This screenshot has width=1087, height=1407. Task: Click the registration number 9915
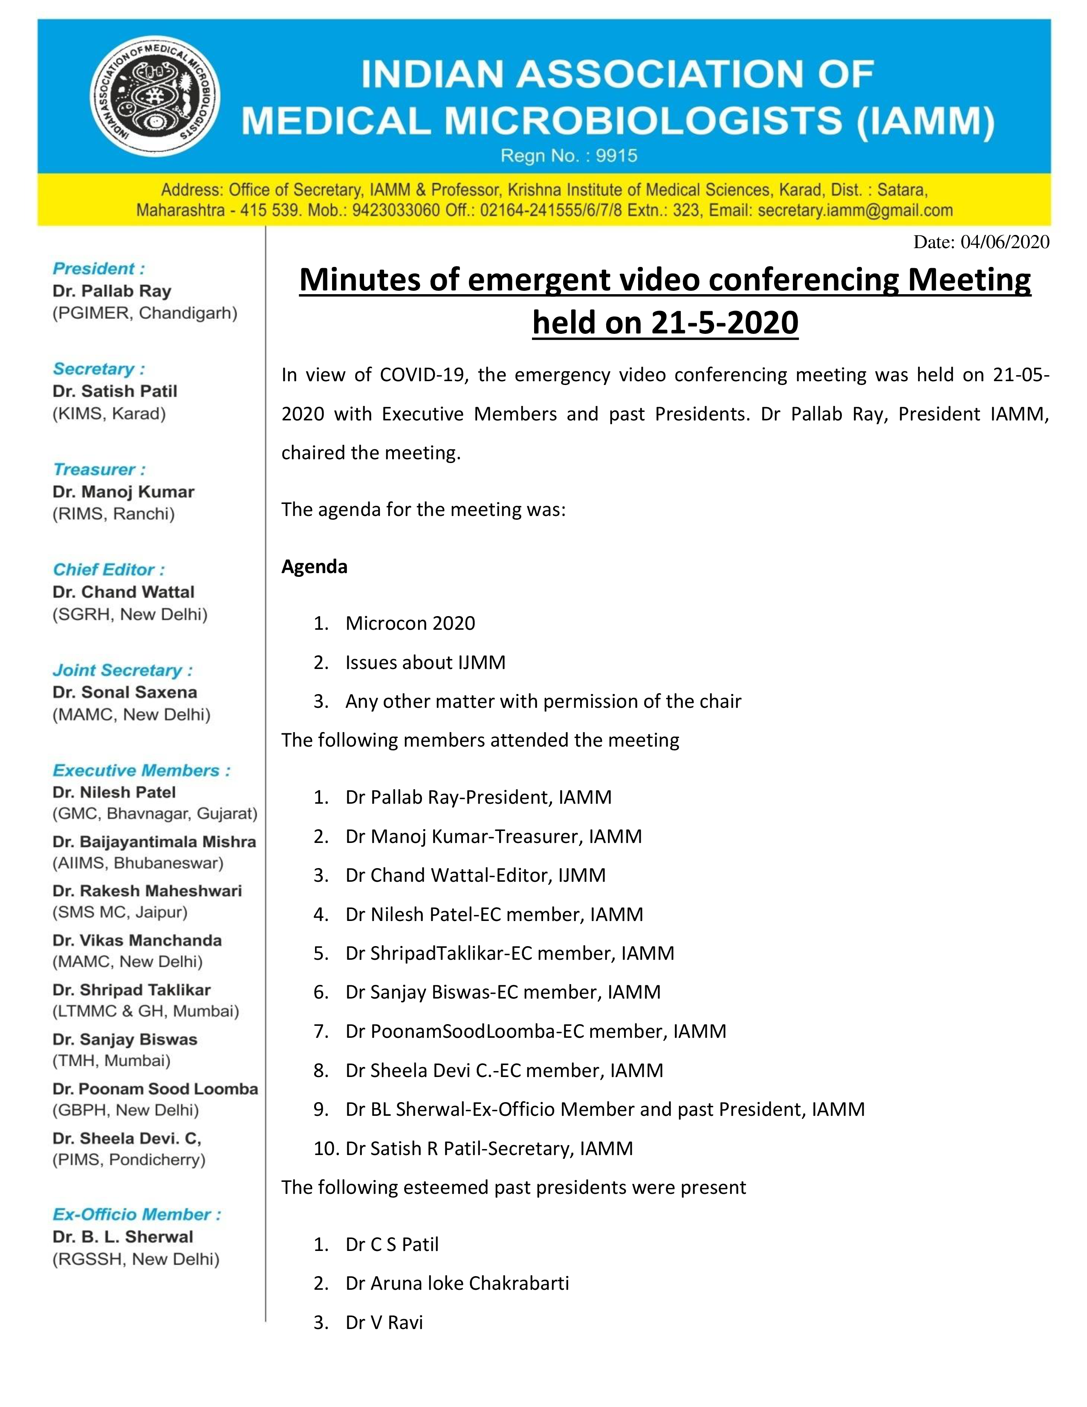(616, 156)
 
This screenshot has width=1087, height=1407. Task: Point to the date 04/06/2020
(1005, 242)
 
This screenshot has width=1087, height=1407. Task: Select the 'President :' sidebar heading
(98, 269)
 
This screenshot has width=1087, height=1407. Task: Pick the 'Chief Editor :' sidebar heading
(108, 570)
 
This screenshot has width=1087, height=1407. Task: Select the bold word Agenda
(314, 567)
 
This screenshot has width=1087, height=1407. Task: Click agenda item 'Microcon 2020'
(410, 624)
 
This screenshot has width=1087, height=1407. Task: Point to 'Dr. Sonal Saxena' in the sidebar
(125, 692)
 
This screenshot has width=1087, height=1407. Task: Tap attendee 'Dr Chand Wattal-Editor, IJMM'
(475, 875)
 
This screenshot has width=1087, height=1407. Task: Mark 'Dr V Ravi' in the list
(384, 1323)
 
